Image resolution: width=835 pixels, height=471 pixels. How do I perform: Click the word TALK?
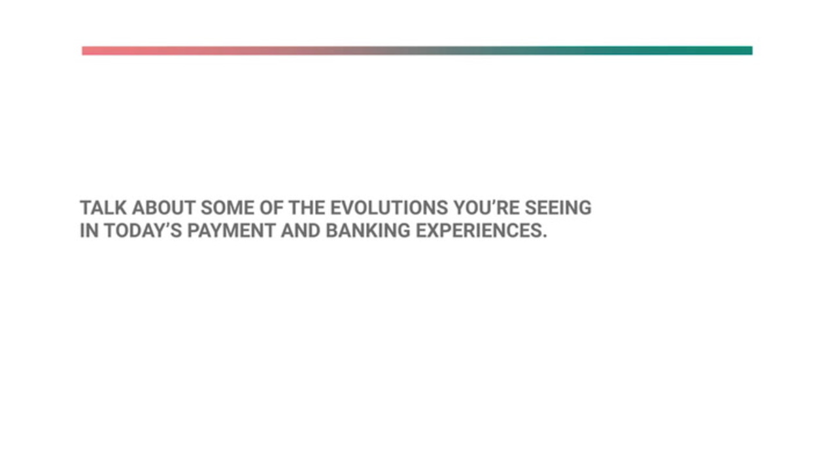pyautogui.click(x=103, y=208)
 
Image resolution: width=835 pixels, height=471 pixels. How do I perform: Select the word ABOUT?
pyautogui.click(x=163, y=208)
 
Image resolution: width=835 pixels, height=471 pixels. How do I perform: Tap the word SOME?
pyautogui.click(x=228, y=208)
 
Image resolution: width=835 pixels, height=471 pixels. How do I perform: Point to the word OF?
pyautogui.click(x=271, y=208)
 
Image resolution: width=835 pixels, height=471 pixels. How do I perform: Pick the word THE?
pyautogui.click(x=307, y=208)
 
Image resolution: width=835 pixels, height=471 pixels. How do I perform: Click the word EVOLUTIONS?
pyautogui.click(x=389, y=208)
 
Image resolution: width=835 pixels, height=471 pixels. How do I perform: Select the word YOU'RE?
pyautogui.click(x=486, y=208)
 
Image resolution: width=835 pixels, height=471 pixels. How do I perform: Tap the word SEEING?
pyautogui.click(x=558, y=208)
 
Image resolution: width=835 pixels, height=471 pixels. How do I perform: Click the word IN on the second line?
pyautogui.click(x=90, y=230)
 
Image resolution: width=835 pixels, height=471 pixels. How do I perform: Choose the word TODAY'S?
pyautogui.click(x=143, y=230)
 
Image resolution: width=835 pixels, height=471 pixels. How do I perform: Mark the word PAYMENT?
pyautogui.click(x=231, y=230)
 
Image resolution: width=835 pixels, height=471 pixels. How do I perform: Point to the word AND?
pyautogui.click(x=300, y=230)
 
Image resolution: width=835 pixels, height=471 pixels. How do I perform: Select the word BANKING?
pyautogui.click(x=368, y=230)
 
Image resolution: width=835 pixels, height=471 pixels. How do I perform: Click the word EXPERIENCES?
pyautogui.click(x=479, y=230)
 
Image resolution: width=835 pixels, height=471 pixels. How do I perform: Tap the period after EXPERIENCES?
pyautogui.click(x=545, y=236)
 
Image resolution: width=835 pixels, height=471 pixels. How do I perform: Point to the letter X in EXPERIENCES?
pyautogui.click(x=434, y=230)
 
